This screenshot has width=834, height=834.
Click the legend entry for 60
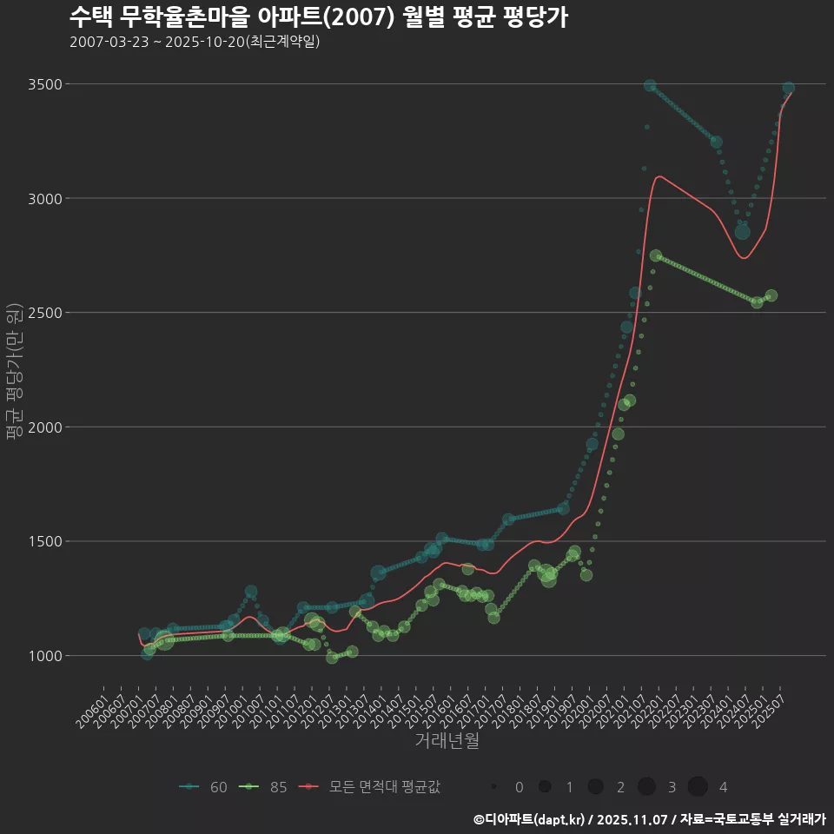point(205,787)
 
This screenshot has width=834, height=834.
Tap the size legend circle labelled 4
point(698,787)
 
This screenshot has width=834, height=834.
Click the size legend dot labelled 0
point(493,787)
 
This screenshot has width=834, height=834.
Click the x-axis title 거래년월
point(447,740)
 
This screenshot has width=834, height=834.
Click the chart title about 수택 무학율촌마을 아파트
point(318,17)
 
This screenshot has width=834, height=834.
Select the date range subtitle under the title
point(195,42)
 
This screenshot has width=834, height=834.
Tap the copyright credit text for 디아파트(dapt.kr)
point(649,818)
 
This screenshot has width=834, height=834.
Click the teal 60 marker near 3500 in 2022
point(650,85)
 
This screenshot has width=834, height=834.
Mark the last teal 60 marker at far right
point(788,88)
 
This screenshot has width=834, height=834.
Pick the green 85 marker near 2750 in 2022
point(656,255)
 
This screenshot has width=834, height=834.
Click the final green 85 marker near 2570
point(771,295)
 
